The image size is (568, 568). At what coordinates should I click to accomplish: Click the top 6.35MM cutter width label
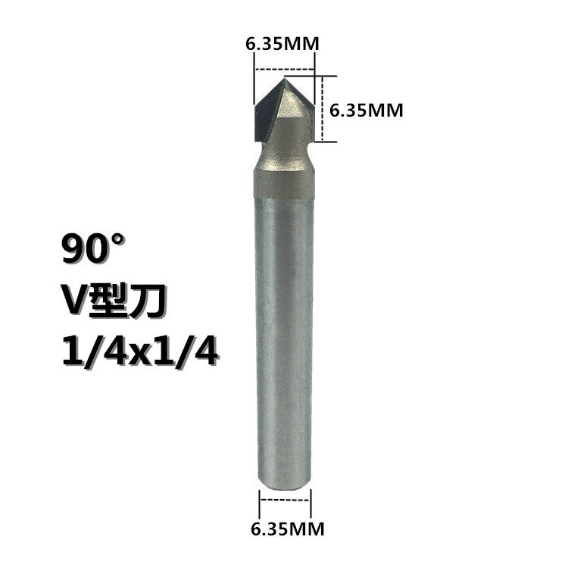coord(282,44)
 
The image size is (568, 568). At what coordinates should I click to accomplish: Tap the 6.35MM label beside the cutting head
coord(367,110)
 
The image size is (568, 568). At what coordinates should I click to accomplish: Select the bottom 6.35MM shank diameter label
coord(288,529)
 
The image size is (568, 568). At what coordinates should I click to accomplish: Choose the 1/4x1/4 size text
coord(140,351)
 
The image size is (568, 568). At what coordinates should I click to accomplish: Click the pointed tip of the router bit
coord(284,79)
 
